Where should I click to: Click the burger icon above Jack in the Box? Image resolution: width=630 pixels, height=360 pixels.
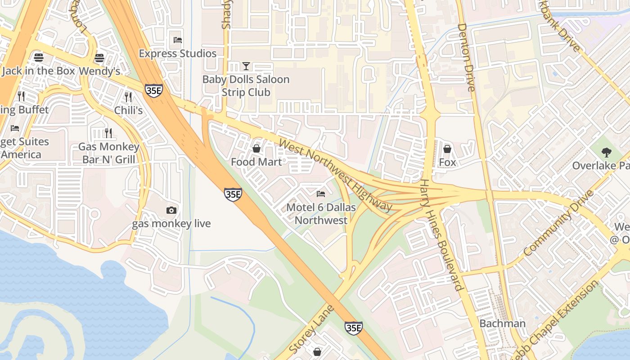38,58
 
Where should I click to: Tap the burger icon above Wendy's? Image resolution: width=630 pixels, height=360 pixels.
99,58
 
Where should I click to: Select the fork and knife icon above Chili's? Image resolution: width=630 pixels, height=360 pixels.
128,97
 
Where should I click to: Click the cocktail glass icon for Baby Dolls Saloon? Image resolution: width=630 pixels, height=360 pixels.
246,66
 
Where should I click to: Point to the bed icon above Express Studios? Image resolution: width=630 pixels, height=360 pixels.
178,40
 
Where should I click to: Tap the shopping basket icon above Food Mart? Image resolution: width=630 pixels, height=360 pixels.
256,148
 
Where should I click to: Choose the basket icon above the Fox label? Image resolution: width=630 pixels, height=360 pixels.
447,148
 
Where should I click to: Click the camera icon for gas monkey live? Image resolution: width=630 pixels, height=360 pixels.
171,210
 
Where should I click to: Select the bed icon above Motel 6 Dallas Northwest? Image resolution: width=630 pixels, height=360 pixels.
321,194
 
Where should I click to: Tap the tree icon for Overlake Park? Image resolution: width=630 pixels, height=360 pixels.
607,152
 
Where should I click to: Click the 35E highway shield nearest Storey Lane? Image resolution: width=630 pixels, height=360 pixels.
353,328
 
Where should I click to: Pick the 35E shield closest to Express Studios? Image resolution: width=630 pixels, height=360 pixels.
153,90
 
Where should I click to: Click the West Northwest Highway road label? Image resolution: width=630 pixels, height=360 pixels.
336,175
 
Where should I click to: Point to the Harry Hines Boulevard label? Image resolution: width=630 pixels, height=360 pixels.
441,235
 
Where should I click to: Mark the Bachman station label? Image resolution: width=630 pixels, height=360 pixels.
502,324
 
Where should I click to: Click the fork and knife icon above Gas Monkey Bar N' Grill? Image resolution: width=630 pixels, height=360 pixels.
108,133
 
